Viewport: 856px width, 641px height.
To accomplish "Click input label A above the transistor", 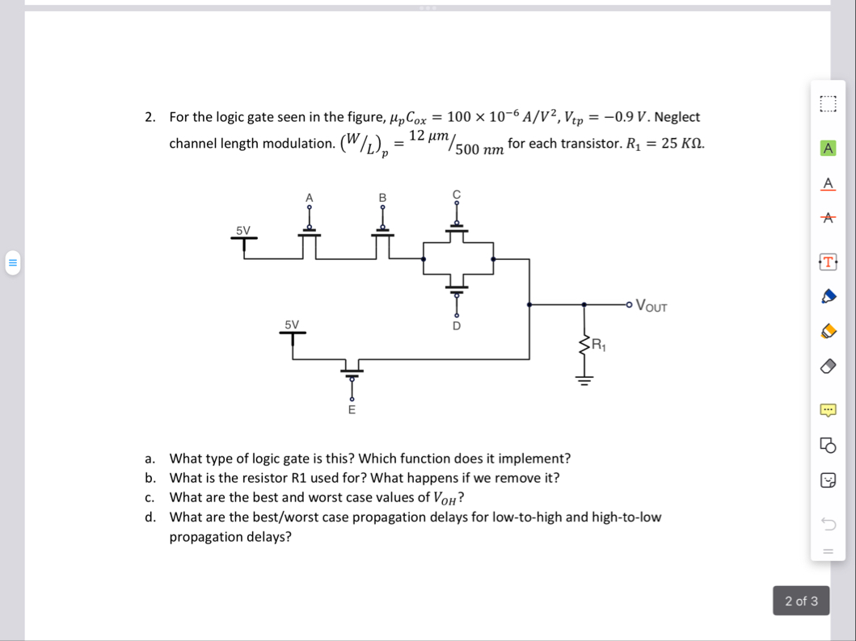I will pyautogui.click(x=309, y=198).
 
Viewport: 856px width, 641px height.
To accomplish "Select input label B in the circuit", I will pyautogui.click(x=383, y=198).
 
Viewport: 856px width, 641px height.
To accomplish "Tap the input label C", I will pyautogui.click(x=456, y=194).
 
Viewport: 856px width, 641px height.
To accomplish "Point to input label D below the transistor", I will pyautogui.click(x=456, y=325).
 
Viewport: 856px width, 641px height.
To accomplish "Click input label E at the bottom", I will pyautogui.click(x=351, y=410).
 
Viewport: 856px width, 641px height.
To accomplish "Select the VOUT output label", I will pyautogui.click(x=652, y=305).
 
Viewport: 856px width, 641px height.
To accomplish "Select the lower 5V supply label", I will pyautogui.click(x=292, y=325).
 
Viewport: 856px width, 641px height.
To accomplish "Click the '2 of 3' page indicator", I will pyautogui.click(x=801, y=601).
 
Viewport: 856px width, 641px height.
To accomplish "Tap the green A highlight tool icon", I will pyautogui.click(x=828, y=148).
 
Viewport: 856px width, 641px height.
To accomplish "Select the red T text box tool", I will pyautogui.click(x=828, y=262).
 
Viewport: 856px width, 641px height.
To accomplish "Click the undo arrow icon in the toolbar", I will pyautogui.click(x=828, y=523).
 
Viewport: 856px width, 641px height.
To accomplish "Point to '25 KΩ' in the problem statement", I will pyautogui.click(x=682, y=144).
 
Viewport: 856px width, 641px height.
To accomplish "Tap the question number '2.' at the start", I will pyautogui.click(x=150, y=117).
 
